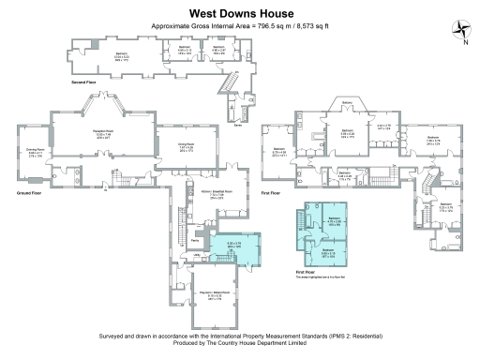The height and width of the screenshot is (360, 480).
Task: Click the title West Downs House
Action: coord(240,14)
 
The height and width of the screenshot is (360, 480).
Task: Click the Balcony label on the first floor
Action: coord(347,102)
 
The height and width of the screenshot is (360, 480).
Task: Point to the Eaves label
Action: coord(238,123)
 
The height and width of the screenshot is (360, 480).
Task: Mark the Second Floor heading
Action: coord(85,82)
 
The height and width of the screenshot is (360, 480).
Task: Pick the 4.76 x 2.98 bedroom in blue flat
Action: coord(332,222)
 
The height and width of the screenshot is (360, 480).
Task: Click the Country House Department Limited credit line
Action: coord(240,341)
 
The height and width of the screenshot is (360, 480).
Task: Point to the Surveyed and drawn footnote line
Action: coord(240,335)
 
